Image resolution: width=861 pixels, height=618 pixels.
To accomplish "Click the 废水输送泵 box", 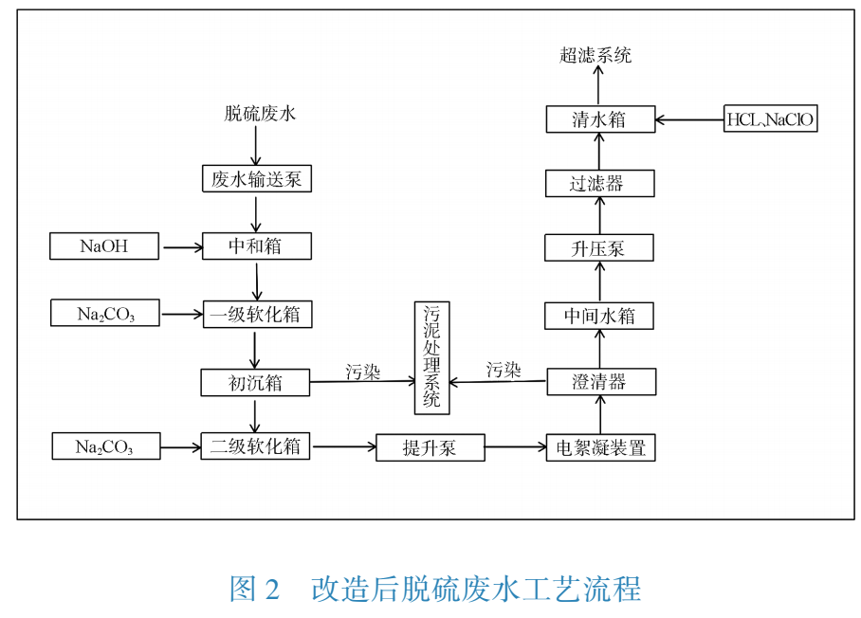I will coord(256,179).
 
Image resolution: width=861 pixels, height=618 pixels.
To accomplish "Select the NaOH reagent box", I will coord(104,247).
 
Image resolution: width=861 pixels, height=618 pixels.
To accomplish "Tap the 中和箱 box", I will coord(256,246).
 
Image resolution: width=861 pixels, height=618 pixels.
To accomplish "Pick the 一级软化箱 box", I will coord(256,314).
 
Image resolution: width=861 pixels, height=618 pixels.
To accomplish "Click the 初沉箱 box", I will coord(255,383).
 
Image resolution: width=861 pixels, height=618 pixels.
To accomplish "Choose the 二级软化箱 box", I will coord(256,445).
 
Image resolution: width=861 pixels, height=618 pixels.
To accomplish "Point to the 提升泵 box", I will coord(430,447).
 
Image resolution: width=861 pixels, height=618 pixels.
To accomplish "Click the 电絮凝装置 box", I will coord(600,447).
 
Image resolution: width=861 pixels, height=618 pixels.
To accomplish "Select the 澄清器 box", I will coord(600,382).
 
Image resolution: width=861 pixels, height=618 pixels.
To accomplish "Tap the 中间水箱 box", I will coord(599,316).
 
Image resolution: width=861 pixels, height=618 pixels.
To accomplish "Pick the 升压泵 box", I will coord(599,249).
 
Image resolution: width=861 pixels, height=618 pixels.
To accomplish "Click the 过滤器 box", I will coord(599,184).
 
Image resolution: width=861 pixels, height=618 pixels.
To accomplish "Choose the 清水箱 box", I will coord(599,119).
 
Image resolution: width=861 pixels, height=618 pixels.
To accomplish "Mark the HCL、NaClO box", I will coord(770,119).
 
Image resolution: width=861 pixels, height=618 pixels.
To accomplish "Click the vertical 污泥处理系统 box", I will coord(431,357).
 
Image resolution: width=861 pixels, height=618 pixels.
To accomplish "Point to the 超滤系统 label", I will coord(595,56).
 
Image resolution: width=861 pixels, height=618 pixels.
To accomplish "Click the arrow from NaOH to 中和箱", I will coord(182,248).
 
